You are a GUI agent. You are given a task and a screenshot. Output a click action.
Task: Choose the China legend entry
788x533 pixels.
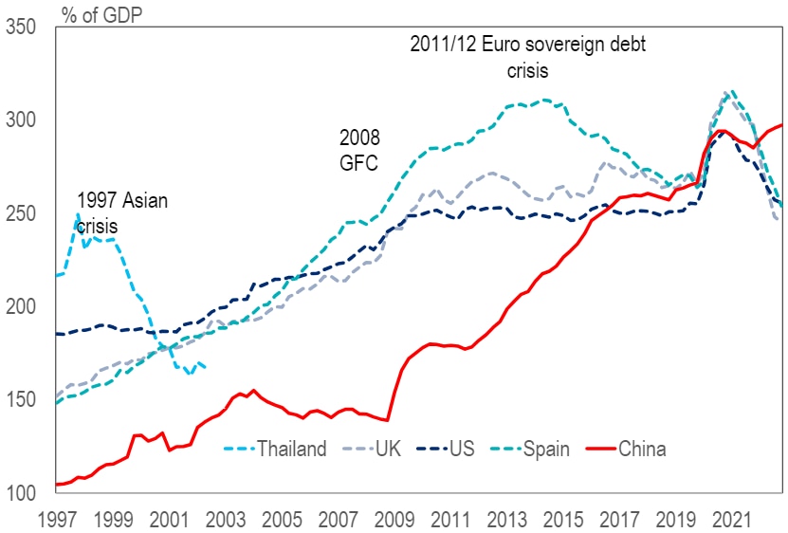(642, 449)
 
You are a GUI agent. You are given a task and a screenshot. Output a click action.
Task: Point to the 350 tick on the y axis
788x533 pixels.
(22, 28)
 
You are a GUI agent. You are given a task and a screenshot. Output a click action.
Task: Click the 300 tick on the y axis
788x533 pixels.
(22, 120)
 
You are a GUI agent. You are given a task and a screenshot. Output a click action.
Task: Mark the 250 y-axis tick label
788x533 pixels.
(22, 213)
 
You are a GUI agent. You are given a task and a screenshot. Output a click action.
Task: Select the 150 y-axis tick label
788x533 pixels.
(22, 400)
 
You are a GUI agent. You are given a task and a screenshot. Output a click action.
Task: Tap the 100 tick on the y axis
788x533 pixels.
(22, 493)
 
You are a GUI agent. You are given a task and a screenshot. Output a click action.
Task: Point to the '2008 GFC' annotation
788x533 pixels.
(359, 150)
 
